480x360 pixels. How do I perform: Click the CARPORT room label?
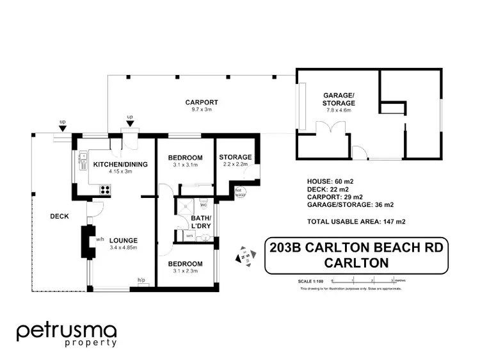202,102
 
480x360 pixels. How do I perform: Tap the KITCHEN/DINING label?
120,165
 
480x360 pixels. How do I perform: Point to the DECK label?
59,217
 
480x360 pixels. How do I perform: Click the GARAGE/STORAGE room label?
339,99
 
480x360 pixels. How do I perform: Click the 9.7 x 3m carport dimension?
202,110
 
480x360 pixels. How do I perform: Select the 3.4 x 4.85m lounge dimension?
124,247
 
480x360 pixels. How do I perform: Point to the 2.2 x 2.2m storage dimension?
235,165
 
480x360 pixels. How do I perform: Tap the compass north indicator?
244,256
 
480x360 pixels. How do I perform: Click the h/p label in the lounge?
141,279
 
